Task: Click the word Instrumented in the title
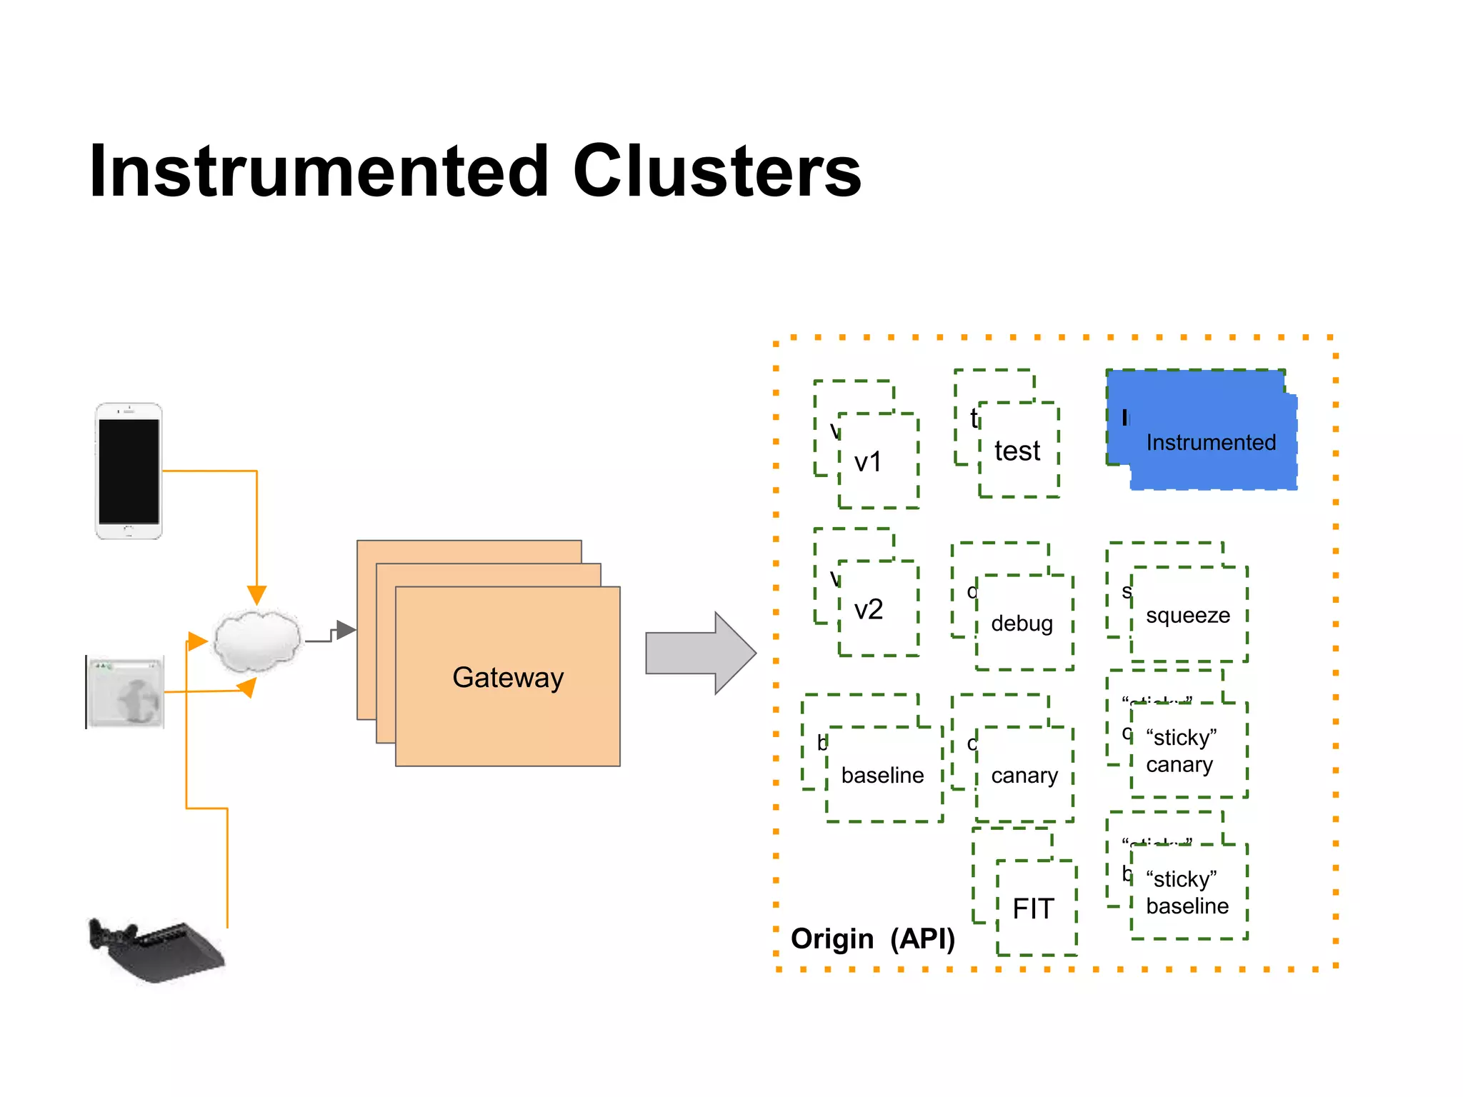[x=319, y=171]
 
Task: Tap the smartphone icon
[x=129, y=471]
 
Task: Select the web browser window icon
[x=126, y=692]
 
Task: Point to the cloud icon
[x=256, y=641]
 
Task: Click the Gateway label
[x=508, y=677]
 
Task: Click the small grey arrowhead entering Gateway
[x=346, y=630]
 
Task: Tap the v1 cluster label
[x=868, y=462]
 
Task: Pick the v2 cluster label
[x=869, y=609]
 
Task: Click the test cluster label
[x=1017, y=451]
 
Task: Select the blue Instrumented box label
[x=1211, y=443]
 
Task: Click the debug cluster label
[x=1022, y=623]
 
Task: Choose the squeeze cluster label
[x=1187, y=615]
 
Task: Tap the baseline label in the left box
[x=882, y=775]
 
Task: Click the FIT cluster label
[x=1033, y=908]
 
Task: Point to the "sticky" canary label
[x=1181, y=751]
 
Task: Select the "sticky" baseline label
[x=1187, y=892]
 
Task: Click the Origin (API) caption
[x=872, y=938]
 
